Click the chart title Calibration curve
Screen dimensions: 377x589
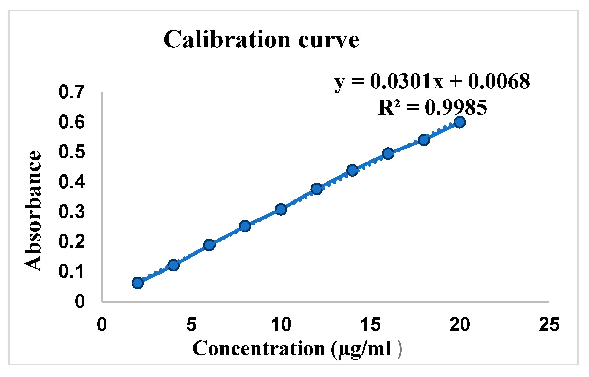click(x=261, y=40)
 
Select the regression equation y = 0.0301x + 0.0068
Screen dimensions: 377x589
click(x=432, y=81)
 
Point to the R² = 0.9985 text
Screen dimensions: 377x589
click(x=432, y=107)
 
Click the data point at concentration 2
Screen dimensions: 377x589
click(x=138, y=283)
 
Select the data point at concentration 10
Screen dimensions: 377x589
click(x=281, y=209)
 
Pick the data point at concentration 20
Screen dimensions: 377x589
click(x=460, y=122)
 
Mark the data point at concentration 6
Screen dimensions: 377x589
click(x=209, y=245)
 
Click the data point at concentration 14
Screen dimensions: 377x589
click(x=352, y=170)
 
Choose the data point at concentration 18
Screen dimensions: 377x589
click(x=424, y=140)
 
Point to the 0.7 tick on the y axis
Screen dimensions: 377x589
click(x=72, y=92)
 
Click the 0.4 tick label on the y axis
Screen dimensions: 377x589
click(x=72, y=181)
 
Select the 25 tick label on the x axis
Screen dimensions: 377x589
click(x=549, y=325)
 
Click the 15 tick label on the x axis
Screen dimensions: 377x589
click(x=370, y=325)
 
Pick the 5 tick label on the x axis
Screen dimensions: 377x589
click(x=191, y=325)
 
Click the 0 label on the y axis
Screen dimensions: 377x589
click(x=80, y=302)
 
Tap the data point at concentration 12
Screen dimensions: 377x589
click(x=317, y=189)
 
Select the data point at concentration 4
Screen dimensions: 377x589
click(x=173, y=265)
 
